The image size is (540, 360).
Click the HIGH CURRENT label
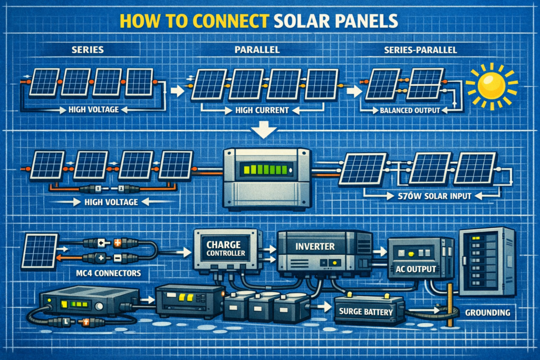(x=256, y=111)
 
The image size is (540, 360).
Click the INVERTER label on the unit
(x=315, y=246)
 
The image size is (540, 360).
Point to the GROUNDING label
(x=488, y=313)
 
